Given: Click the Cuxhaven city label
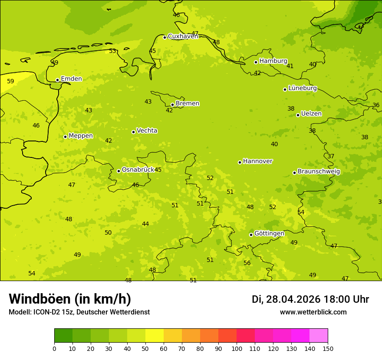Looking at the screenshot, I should (x=183, y=36).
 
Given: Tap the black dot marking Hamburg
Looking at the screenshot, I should (x=256, y=62).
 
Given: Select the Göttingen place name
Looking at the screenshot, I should (x=269, y=234).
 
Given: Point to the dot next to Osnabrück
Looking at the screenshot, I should (x=119, y=171).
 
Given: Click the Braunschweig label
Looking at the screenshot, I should (x=319, y=172).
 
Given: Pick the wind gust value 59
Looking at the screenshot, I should (x=10, y=81).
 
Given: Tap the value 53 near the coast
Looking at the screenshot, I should (x=112, y=51).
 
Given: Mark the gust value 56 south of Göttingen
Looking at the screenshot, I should (x=247, y=263).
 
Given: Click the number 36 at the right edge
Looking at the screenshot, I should (x=376, y=105).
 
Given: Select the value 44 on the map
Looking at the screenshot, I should (x=145, y=224).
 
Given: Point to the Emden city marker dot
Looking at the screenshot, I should (x=57, y=80).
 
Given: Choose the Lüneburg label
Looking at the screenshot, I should (x=303, y=88).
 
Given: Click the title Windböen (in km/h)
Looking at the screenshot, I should (x=70, y=299).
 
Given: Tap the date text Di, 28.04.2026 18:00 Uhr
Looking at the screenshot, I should (x=310, y=299).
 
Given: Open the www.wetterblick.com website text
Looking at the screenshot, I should (x=313, y=312).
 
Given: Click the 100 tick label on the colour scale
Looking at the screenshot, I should (x=237, y=348).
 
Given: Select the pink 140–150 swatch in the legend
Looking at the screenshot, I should (x=319, y=336).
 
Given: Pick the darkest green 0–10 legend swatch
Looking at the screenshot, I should (x=63, y=336).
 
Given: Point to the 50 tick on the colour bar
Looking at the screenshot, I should (x=145, y=348).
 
